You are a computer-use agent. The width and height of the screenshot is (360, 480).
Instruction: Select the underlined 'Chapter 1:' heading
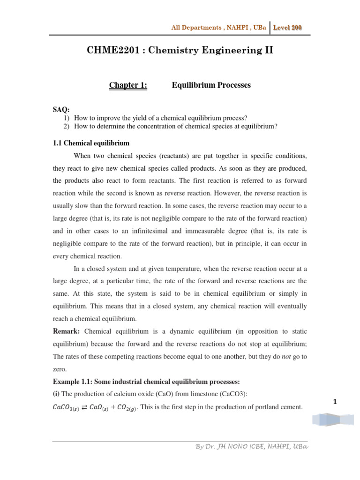tap(128, 85)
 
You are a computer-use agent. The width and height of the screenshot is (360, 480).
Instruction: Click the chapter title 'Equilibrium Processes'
tap(211, 85)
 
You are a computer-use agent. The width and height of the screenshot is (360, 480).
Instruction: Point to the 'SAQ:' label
tap(61, 110)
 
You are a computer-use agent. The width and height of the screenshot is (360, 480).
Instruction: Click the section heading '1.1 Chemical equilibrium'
tap(91, 143)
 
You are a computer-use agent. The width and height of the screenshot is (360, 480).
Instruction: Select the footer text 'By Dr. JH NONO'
tap(220, 446)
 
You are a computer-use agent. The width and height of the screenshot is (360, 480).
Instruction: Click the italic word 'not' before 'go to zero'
tap(287, 356)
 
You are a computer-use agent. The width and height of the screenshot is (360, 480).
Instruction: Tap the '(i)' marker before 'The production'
tap(56, 394)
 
